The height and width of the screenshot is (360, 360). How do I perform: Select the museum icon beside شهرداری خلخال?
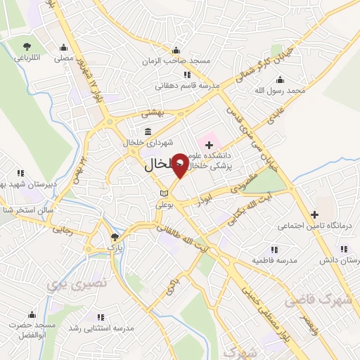148,131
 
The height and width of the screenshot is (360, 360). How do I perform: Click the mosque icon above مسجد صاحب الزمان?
175,50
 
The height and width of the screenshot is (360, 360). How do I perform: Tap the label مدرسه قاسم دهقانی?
184,85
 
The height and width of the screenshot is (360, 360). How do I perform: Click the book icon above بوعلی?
164,193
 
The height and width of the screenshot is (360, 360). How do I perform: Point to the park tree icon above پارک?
115,237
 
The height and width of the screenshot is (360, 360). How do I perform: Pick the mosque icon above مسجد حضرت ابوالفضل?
30,314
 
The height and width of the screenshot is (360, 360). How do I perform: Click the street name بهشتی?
151,112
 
